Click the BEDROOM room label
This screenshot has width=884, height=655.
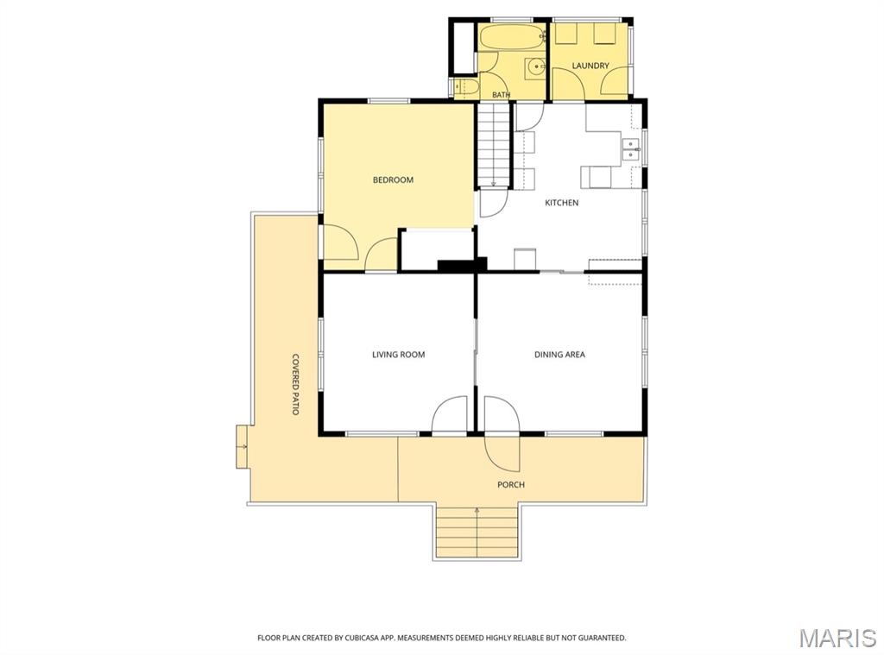pos(393,179)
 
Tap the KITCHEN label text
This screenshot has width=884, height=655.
pos(561,202)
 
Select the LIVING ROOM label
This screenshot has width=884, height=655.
pos(399,355)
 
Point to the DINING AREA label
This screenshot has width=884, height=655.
pos(559,355)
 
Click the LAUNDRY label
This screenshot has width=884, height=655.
pos(590,66)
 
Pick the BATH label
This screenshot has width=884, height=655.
pos(502,95)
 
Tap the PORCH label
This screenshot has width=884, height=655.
pos(511,484)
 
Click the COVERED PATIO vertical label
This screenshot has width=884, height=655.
pos(295,384)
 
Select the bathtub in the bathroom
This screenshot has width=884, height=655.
pos(512,37)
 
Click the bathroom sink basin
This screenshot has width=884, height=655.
pos(535,67)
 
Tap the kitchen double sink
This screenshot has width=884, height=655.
pos(629,149)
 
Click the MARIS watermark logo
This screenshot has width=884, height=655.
pos(837,638)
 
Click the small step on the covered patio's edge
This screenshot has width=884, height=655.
pos(242,446)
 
